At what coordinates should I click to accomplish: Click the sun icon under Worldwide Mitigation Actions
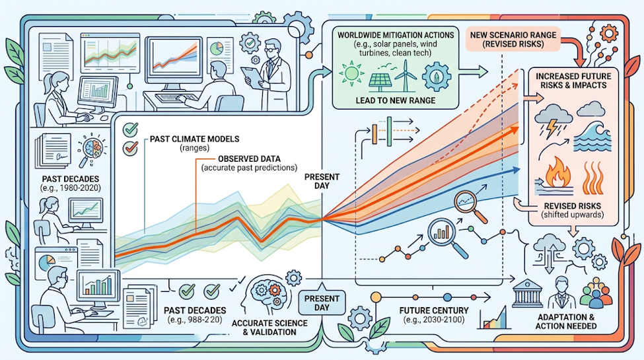click(x=351, y=73)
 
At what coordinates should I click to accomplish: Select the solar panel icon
click(x=380, y=82)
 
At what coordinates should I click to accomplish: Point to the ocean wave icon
click(x=592, y=137)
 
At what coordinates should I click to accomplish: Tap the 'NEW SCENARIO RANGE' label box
click(x=513, y=40)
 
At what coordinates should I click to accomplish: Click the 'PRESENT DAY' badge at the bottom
click(x=322, y=303)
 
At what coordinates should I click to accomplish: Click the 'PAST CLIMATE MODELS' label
click(x=194, y=139)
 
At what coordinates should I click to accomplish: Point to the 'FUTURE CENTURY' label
click(x=434, y=310)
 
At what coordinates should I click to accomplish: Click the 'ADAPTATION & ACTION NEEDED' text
click(x=566, y=322)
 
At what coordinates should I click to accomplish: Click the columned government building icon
click(x=527, y=293)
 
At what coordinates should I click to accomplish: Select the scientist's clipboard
click(x=251, y=77)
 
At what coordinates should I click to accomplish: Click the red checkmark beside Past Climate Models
click(x=131, y=147)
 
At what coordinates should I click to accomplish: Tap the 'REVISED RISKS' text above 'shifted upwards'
click(x=572, y=206)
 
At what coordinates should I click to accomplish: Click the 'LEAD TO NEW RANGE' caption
click(x=395, y=100)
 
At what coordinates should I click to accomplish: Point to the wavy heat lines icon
click(x=593, y=177)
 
